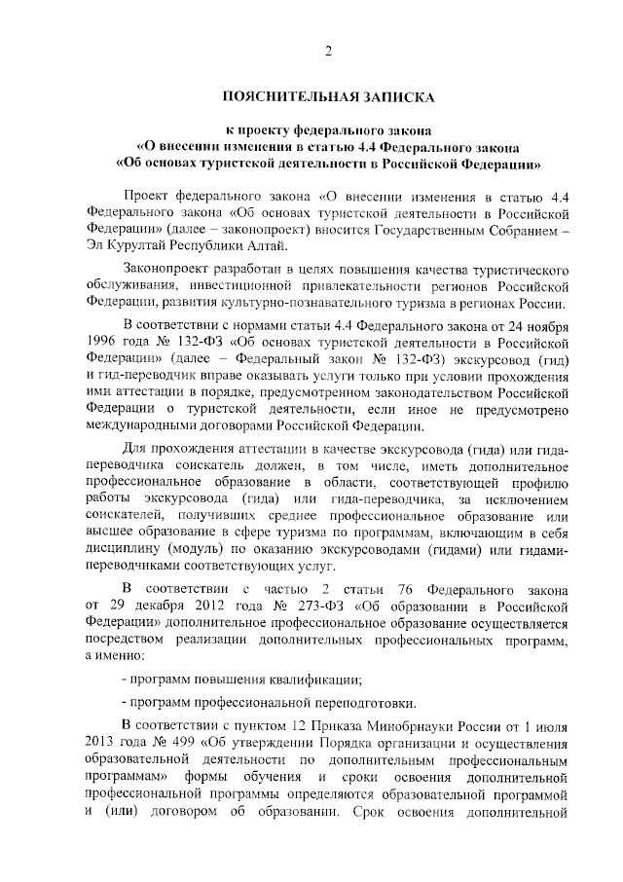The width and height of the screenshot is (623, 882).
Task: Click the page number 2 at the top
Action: point(328,51)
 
